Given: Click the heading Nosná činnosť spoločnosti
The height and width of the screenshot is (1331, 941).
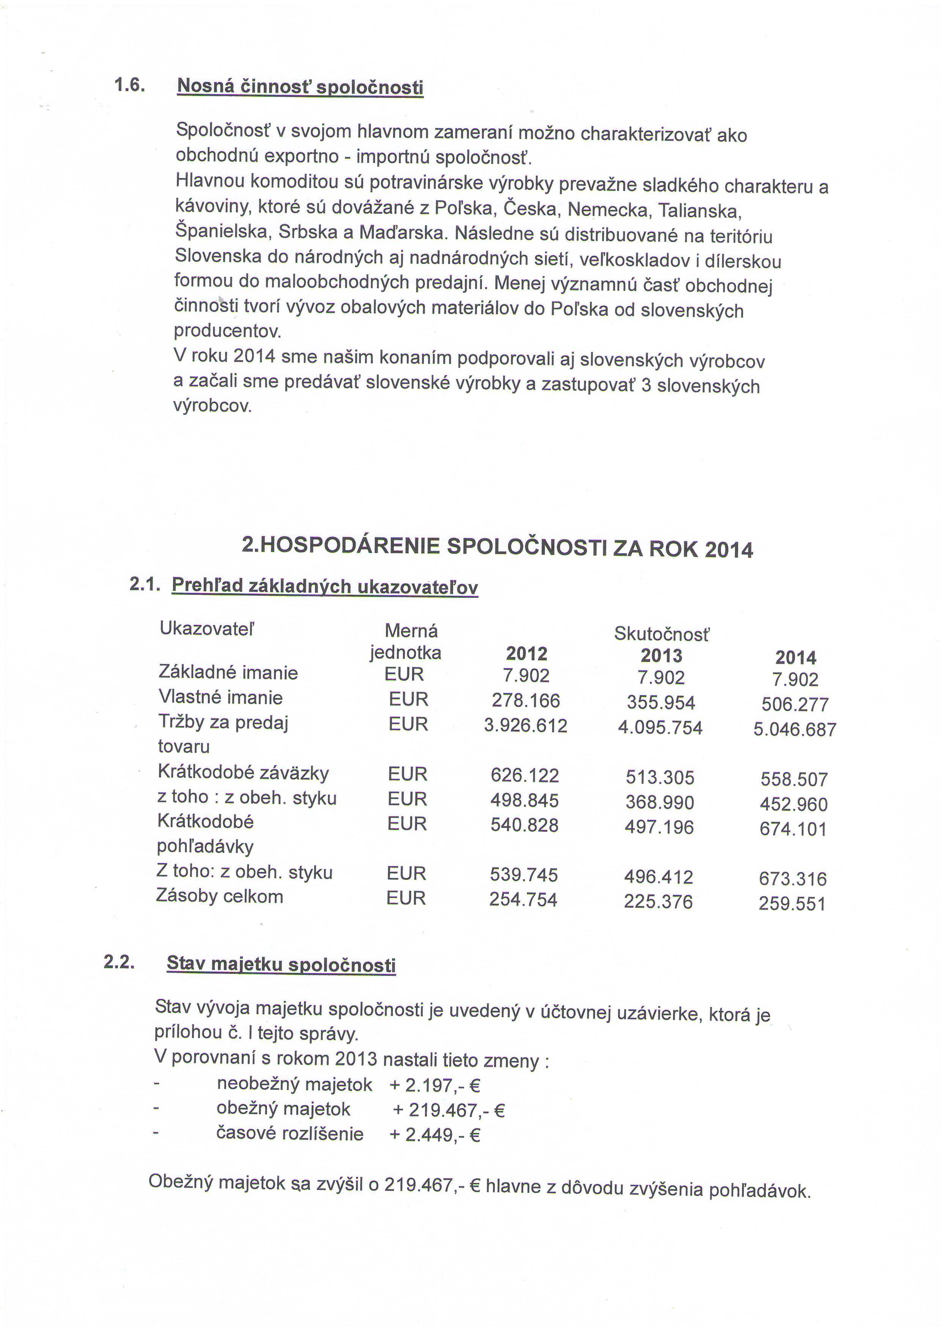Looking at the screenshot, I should pyautogui.click(x=300, y=88).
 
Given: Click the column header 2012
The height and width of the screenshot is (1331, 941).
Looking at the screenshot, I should pyautogui.click(x=526, y=654).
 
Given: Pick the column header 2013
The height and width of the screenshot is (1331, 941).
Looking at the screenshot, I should pyautogui.click(x=661, y=656).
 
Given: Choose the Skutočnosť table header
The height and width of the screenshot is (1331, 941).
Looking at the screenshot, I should pyautogui.click(x=661, y=635).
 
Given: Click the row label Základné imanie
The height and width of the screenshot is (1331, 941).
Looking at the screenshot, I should pyautogui.click(x=228, y=673).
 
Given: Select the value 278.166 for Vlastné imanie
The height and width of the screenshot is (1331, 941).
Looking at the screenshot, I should pyautogui.click(x=526, y=701).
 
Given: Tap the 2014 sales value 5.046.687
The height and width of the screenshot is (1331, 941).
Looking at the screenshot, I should pyautogui.click(x=795, y=729).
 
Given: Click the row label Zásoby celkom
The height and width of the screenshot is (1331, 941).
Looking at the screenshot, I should pyautogui.click(x=220, y=896).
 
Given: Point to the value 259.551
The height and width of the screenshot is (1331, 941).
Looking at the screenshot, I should pyautogui.click(x=792, y=904).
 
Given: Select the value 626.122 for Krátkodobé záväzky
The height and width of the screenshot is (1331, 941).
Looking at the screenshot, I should pyautogui.click(x=524, y=775).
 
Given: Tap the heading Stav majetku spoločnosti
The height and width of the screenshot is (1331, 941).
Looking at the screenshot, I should pyautogui.click(x=281, y=965).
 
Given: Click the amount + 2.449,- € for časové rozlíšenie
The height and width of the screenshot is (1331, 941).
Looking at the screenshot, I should pyautogui.click(x=435, y=1134).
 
